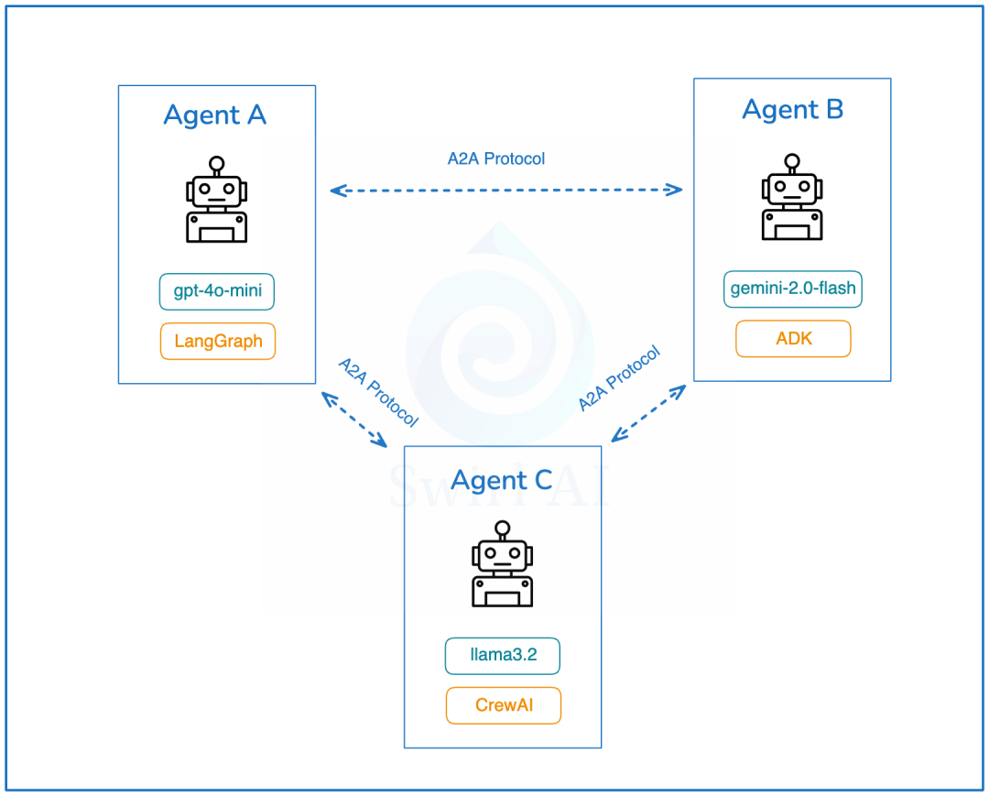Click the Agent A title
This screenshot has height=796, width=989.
click(215, 115)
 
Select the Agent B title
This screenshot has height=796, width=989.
click(792, 110)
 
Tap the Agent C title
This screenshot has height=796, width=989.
click(502, 480)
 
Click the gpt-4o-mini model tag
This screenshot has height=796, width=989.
click(217, 292)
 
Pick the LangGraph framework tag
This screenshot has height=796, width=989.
click(218, 342)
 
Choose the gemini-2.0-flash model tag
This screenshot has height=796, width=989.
click(793, 289)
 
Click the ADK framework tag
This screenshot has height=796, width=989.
click(793, 339)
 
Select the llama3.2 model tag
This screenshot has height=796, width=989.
click(503, 656)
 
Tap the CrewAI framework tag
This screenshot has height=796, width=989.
click(503, 705)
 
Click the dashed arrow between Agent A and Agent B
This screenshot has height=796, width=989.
click(506, 191)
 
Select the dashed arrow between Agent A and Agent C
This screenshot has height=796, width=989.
click(353, 420)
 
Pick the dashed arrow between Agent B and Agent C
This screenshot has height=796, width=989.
click(648, 413)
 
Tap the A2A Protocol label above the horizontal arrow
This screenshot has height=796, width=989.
click(496, 158)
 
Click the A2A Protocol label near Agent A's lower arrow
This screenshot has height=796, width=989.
click(378, 392)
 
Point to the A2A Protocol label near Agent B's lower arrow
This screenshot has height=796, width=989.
click(619, 379)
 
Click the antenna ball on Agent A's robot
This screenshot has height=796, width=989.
click(217, 164)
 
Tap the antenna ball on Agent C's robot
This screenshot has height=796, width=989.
click(502, 528)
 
